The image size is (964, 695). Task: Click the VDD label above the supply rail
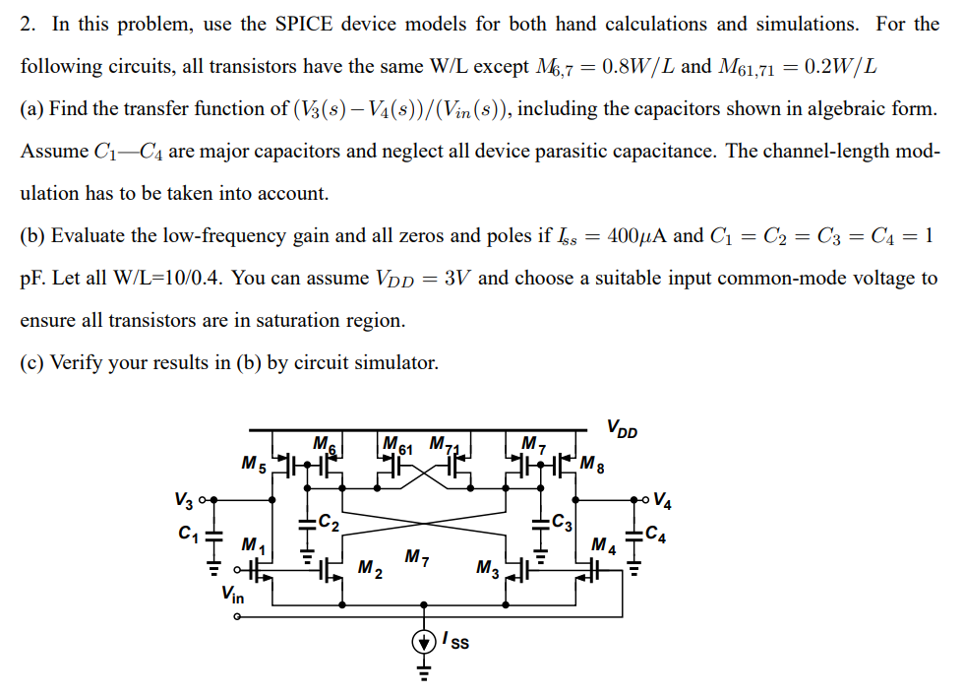pos(623,429)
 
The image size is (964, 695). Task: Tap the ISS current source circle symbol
pos(425,642)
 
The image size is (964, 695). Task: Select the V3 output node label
pos(182,500)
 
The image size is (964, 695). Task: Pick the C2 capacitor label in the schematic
pos(331,523)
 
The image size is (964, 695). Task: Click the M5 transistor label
pos(253,462)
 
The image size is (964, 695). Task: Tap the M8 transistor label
pos(593,462)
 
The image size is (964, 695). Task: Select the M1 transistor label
pos(254,544)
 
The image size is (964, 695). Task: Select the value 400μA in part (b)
pos(640,235)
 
